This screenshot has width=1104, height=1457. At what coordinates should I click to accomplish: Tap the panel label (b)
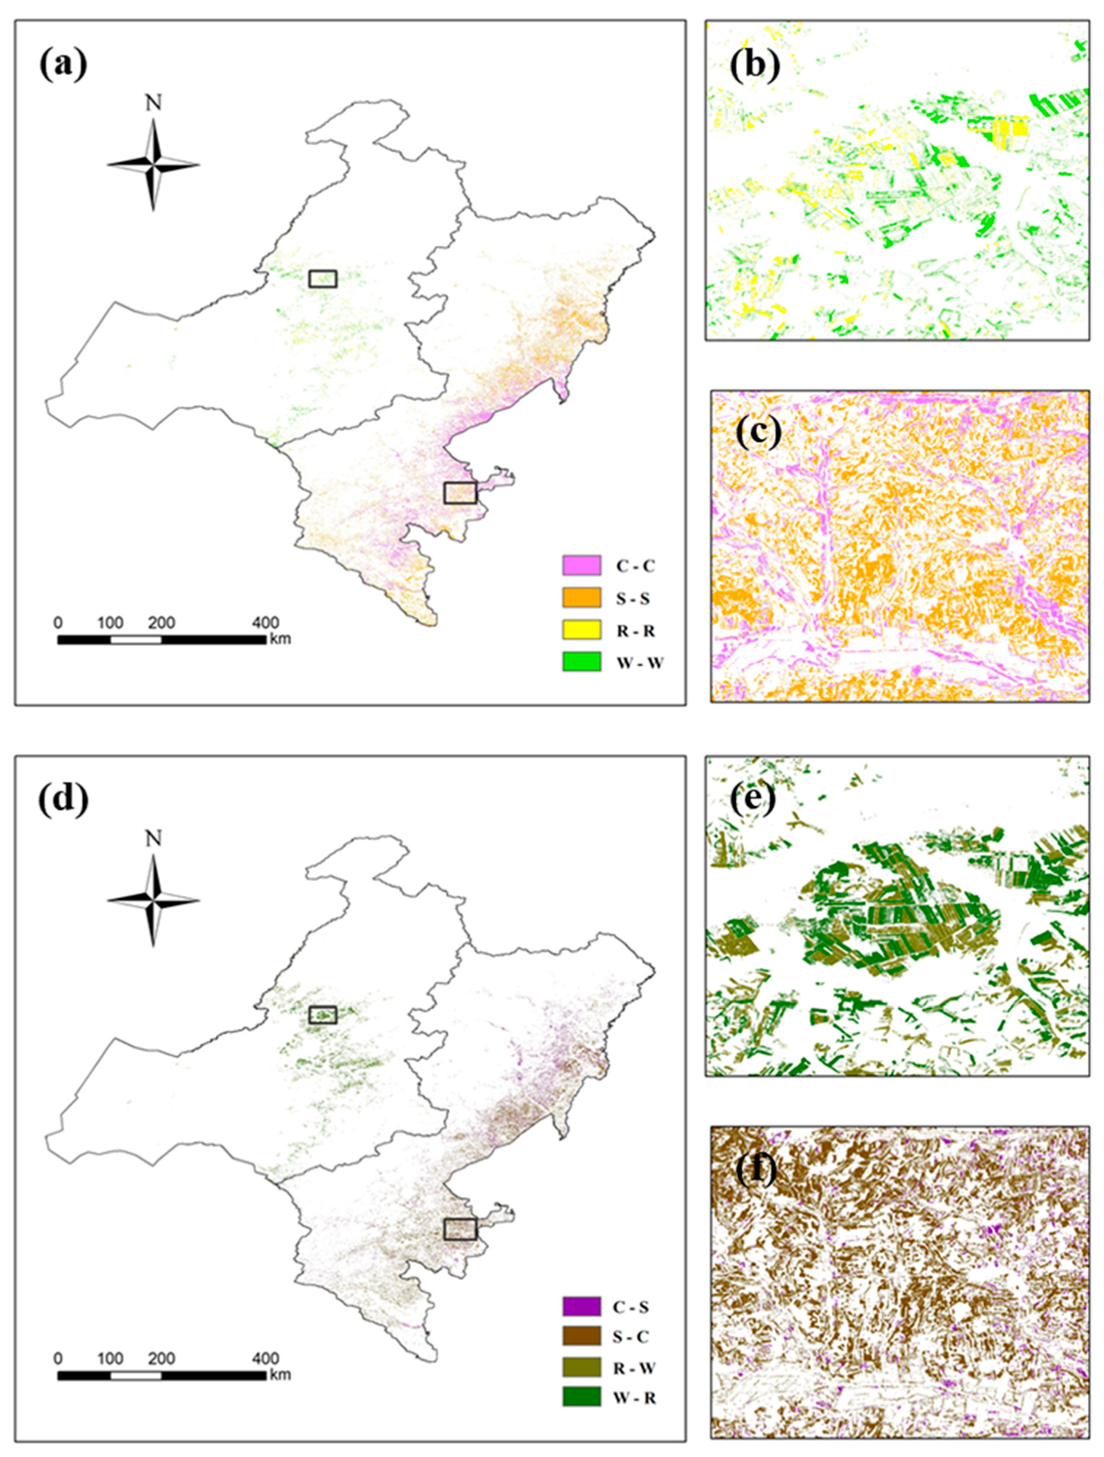(755, 65)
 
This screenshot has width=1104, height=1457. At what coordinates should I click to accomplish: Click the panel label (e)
(755, 798)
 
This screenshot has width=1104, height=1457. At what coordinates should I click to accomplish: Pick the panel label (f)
(755, 1170)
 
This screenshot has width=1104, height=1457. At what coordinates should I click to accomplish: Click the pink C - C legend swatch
(581, 565)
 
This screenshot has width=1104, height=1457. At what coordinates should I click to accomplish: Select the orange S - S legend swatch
(581, 598)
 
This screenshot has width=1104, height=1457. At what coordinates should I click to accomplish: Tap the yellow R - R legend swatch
(581, 630)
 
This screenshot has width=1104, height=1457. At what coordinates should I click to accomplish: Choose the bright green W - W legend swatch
(581, 662)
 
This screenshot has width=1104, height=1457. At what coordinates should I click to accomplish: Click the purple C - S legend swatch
(581, 1306)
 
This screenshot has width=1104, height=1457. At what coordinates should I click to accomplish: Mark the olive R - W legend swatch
(581, 1367)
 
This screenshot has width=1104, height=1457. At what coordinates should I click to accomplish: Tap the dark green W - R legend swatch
(581, 1397)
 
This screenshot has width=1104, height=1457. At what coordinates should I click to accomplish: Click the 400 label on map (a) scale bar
(266, 623)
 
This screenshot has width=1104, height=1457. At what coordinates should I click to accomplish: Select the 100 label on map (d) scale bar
(110, 1359)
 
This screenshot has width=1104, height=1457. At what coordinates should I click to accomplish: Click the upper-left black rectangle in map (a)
(322, 279)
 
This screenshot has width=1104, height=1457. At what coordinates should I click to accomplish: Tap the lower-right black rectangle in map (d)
(460, 1229)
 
